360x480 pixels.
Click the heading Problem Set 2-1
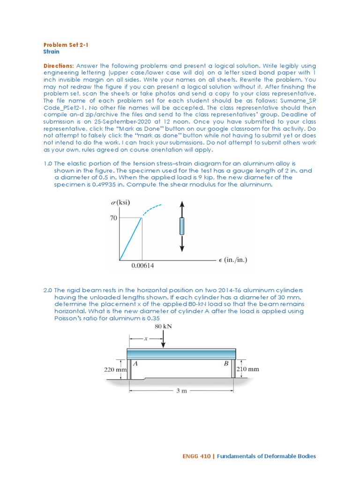(x=66, y=45)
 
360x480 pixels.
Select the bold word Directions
(x=58, y=66)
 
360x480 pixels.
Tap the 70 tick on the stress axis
(x=113, y=217)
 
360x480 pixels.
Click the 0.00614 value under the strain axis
(x=142, y=266)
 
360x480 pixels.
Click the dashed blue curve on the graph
(x=152, y=209)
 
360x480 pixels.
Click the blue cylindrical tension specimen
(x=182, y=227)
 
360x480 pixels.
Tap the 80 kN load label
(x=163, y=326)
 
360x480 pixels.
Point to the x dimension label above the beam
(x=145, y=337)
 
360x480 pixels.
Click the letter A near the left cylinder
(x=135, y=363)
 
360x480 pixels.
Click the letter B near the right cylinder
(x=226, y=363)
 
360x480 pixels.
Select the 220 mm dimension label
(x=115, y=369)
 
